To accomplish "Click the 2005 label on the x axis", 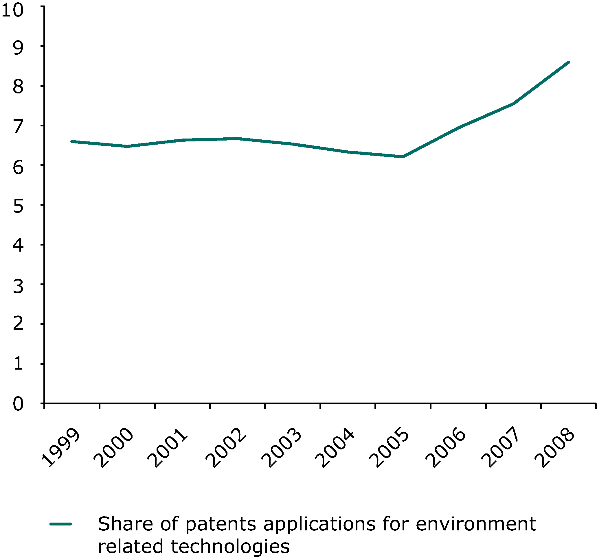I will [389, 448].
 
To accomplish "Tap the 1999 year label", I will [60, 448].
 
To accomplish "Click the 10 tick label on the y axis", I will [12, 10].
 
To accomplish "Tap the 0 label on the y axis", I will [18, 404].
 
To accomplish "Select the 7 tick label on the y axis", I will [18, 126].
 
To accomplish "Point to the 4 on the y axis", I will [18, 245].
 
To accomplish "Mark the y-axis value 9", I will [18, 47].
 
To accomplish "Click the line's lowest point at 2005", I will [403, 157].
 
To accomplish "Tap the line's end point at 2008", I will [568, 62].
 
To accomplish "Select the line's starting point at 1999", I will [72, 141].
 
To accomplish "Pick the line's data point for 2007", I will [513, 104].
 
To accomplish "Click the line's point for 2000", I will [127, 146].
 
